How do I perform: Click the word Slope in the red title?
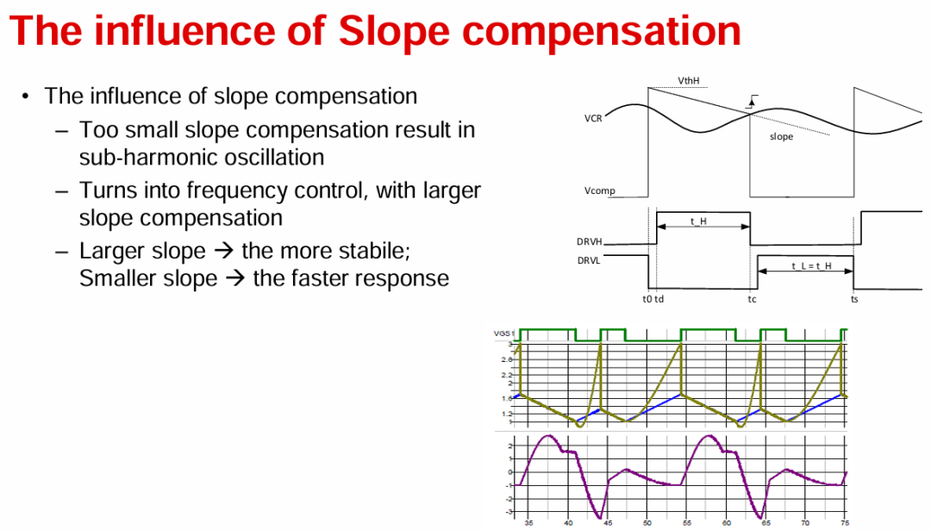pos(394,31)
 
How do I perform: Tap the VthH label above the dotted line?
pos(688,81)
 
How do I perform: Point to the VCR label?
pos(593,118)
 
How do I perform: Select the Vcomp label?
pos(600,190)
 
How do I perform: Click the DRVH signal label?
pos(589,241)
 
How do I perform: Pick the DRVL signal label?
pos(589,260)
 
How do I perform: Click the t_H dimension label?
pos(698,221)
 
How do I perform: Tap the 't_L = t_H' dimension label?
pos(811,266)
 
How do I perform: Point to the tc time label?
pos(753,299)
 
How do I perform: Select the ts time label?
pos(854,299)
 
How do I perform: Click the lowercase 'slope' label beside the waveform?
pos(781,136)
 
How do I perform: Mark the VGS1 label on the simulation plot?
pos(504,334)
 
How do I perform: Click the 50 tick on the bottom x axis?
pos(647,523)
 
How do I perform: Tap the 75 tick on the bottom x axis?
pos(844,523)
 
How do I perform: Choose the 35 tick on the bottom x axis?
pos(528,523)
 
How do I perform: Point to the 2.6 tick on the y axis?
pos(507,359)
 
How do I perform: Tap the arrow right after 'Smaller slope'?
pos(235,277)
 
